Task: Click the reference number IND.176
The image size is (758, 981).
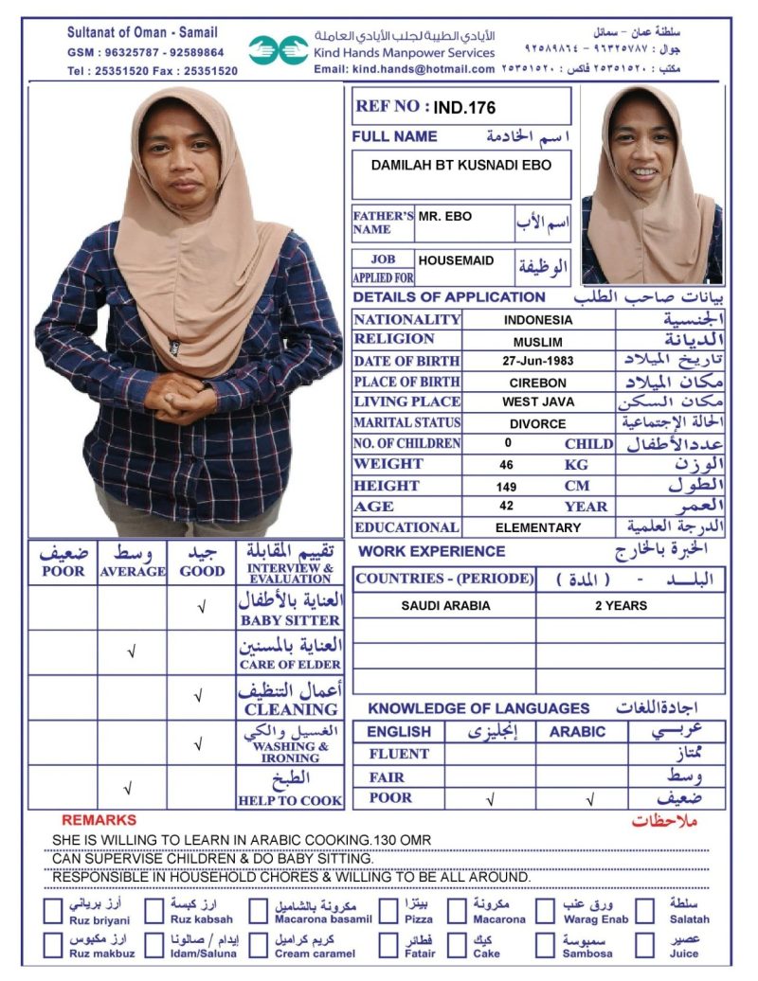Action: click(x=465, y=108)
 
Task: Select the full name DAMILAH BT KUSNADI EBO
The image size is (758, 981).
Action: click(x=460, y=165)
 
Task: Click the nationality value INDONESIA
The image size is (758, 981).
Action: click(x=538, y=320)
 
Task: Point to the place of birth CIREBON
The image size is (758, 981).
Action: click(x=538, y=383)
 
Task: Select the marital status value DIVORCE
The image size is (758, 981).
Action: click(x=538, y=424)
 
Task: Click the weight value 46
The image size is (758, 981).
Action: click(x=507, y=465)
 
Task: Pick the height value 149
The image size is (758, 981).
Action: click(x=507, y=486)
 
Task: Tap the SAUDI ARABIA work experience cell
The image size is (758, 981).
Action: click(x=445, y=606)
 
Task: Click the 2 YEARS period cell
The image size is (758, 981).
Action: click(x=621, y=606)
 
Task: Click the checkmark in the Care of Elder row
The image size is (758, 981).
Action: click(x=131, y=652)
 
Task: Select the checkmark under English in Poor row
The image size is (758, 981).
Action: click(x=490, y=799)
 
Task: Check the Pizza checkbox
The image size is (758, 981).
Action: click(x=388, y=911)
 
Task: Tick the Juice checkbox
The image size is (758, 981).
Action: click(x=645, y=945)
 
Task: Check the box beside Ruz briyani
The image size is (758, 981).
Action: click(x=54, y=911)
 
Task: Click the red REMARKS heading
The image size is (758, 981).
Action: click(x=99, y=820)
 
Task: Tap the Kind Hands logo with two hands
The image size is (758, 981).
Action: click(x=279, y=50)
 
